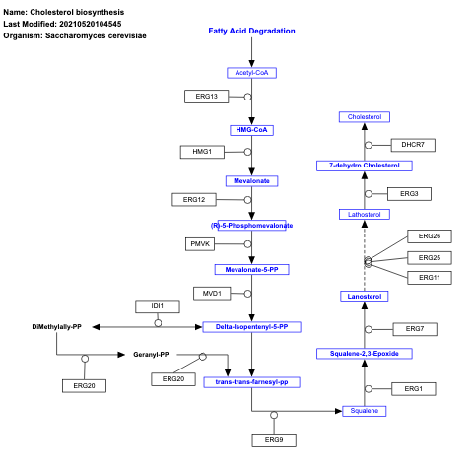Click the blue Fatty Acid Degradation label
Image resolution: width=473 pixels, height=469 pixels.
tap(251, 31)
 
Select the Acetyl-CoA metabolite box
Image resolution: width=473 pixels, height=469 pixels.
tap(251, 73)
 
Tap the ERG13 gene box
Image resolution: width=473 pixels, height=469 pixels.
tap(206, 97)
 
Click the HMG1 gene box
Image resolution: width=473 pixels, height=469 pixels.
tap(201, 152)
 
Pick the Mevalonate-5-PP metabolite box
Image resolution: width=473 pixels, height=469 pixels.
tap(251, 268)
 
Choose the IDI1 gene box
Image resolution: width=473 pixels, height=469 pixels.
tap(158, 306)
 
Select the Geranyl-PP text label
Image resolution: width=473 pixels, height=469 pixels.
tap(151, 354)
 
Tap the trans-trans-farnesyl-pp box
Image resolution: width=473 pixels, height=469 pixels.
tap(251, 381)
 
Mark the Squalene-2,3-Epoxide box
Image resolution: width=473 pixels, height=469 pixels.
tap(364, 353)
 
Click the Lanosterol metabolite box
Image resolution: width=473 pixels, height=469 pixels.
tap(364, 296)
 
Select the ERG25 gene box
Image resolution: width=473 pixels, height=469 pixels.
tap(430, 257)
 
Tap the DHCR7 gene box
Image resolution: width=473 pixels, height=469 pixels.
tap(413, 145)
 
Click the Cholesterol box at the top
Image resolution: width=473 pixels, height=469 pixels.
tap(364, 117)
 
